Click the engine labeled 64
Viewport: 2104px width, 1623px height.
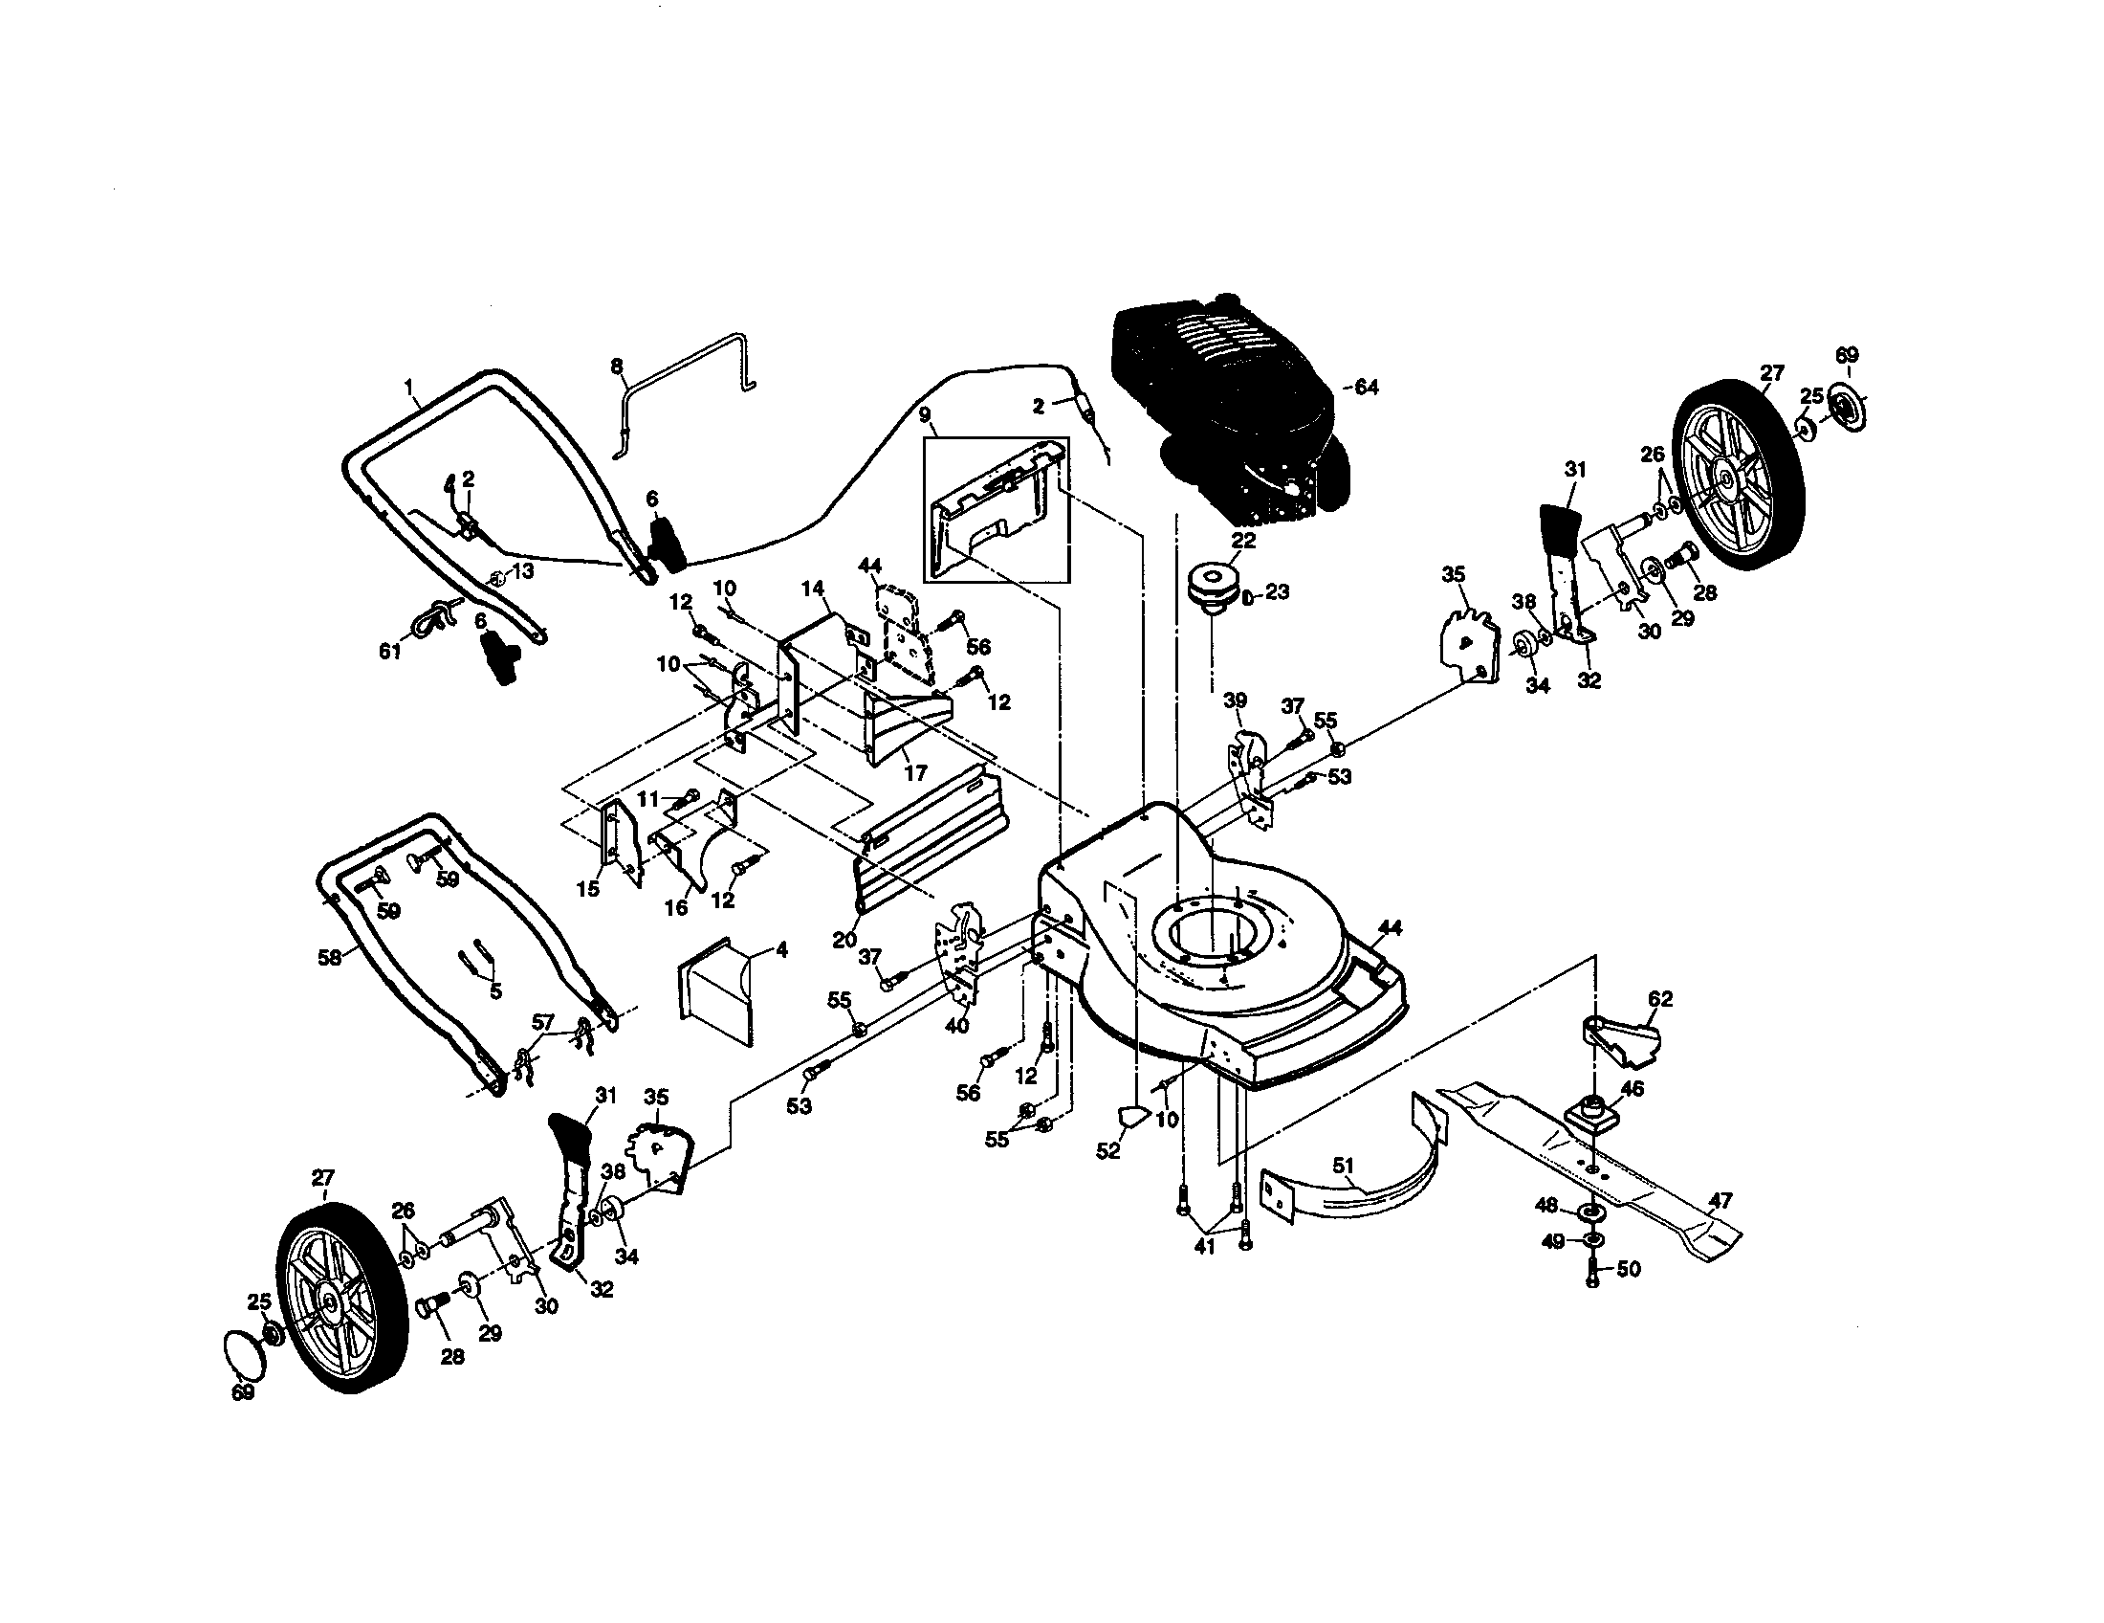click(1223, 405)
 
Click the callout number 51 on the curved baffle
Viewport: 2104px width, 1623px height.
click(1344, 1167)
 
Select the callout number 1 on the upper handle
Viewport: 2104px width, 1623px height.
click(410, 389)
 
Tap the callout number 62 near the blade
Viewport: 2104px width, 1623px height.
click(1660, 998)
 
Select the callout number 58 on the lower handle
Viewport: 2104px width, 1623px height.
click(331, 958)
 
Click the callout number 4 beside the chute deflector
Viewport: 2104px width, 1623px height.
click(781, 950)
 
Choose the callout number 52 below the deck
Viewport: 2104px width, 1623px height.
click(1107, 1151)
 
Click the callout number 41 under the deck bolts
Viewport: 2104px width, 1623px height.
click(1204, 1246)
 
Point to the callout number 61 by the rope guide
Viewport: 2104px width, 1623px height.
click(389, 653)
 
